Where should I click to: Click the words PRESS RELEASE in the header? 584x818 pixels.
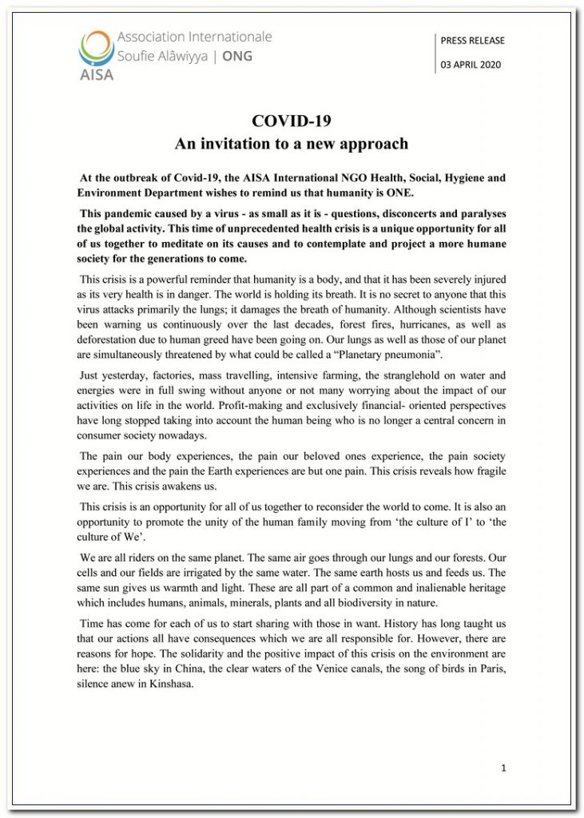click(x=473, y=41)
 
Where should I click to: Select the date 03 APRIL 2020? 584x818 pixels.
click(x=471, y=66)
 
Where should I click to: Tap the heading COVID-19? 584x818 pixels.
click(x=292, y=121)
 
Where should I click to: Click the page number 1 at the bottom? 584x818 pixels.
click(x=503, y=768)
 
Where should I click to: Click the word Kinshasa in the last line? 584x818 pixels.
click(x=169, y=684)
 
